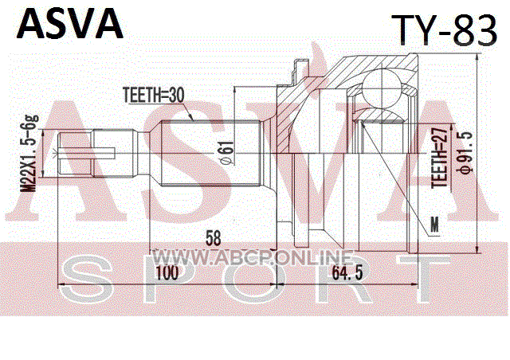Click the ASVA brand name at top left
point(71,24)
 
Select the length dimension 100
point(167,273)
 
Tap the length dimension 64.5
point(347,273)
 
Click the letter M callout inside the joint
point(434,225)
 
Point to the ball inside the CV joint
point(382,89)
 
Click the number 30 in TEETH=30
point(176,95)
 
